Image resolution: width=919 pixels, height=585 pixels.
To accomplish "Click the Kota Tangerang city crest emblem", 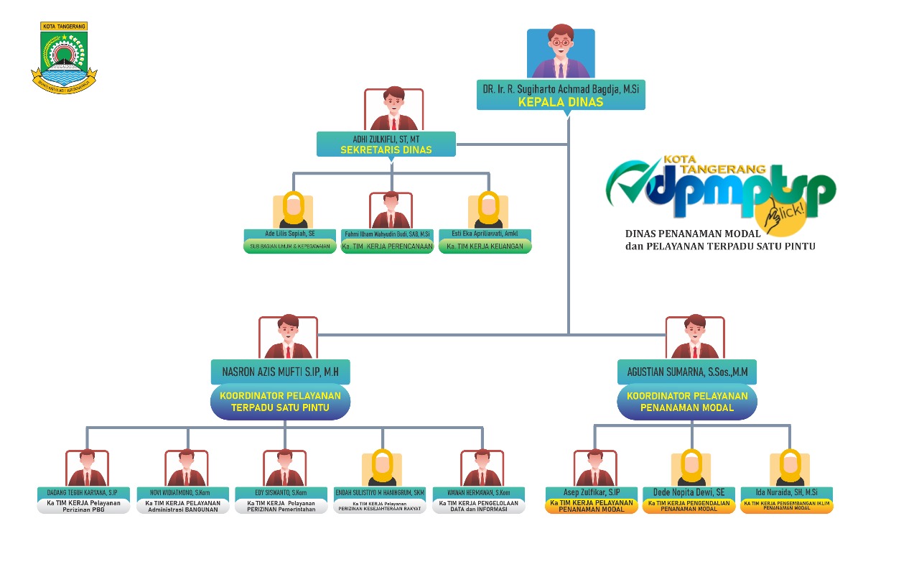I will [63, 57].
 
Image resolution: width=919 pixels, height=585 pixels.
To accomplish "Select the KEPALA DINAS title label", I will [561, 102].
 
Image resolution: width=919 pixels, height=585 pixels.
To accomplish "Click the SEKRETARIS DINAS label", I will [386, 150].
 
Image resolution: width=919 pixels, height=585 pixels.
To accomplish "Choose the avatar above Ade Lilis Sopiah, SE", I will [293, 211].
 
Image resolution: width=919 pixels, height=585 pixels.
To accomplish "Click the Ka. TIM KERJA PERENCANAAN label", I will [387, 247].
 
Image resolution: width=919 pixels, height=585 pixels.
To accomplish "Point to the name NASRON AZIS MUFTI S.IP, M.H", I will [281, 372].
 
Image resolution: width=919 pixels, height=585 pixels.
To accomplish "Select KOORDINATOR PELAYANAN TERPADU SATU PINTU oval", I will [280, 402].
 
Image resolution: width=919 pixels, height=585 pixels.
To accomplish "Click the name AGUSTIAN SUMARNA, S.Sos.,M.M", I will [687, 372].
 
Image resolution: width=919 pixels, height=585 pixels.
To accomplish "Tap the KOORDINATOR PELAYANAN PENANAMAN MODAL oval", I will [687, 402].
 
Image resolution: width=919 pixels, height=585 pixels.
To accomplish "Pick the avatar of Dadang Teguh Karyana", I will [87, 469].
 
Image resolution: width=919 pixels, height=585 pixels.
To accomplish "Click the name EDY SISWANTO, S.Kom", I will [281, 493].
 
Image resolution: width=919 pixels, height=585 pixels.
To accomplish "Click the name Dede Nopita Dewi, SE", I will [689, 492].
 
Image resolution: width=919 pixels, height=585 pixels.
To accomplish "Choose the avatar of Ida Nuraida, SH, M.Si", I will [789, 469].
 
